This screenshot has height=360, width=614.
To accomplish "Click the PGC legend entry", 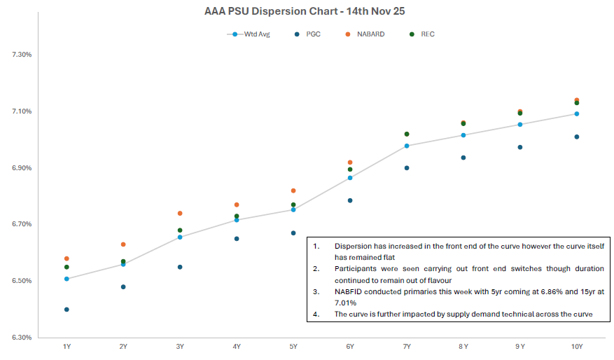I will [x=308, y=34].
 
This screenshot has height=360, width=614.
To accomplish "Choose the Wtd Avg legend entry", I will [x=249, y=34].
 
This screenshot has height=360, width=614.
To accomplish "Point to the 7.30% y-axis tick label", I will [x=22, y=55].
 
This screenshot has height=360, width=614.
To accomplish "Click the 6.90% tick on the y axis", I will [x=22, y=168].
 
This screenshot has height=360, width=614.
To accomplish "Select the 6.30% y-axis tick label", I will [x=22, y=338].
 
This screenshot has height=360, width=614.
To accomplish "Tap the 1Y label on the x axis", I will [x=67, y=347].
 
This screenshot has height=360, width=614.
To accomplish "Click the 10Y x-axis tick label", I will [x=576, y=347].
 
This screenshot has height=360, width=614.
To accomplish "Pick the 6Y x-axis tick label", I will [x=350, y=347].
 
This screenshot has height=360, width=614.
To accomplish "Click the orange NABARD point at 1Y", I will [x=67, y=258].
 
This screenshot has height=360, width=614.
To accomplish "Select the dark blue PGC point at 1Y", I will [x=67, y=310].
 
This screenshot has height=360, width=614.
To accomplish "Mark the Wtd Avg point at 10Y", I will [x=576, y=113].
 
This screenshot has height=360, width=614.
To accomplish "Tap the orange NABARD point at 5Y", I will [x=293, y=191].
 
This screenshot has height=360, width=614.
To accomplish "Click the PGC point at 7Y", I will [x=407, y=168].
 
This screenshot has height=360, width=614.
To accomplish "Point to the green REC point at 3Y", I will [x=180, y=230].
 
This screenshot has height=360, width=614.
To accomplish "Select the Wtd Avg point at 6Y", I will [x=350, y=178].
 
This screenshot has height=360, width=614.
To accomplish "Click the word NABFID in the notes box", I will [x=349, y=291].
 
